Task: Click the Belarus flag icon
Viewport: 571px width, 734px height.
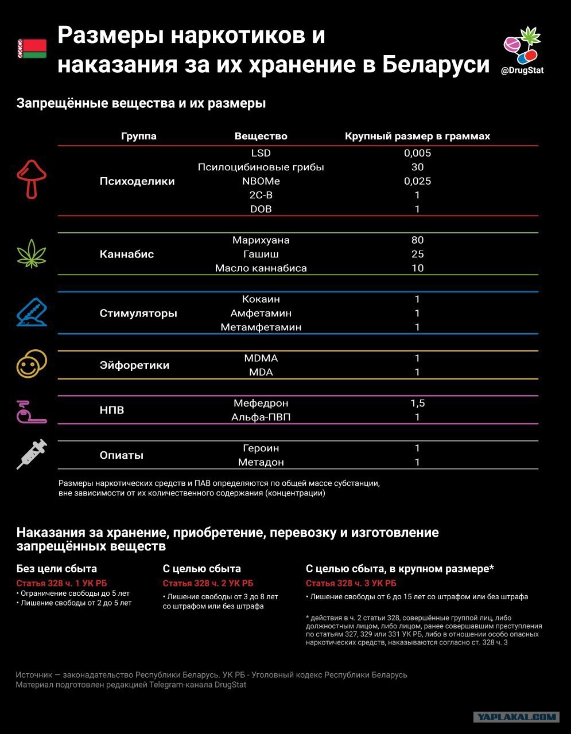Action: click(x=32, y=49)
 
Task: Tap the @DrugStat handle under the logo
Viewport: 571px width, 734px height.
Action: click(x=522, y=71)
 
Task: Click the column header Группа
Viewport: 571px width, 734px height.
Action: click(x=139, y=136)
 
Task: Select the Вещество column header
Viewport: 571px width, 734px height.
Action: click(x=261, y=136)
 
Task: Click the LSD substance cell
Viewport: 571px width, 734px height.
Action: click(x=261, y=153)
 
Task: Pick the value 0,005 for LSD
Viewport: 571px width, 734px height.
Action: click(x=418, y=153)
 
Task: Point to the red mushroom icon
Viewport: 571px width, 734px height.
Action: click(x=32, y=179)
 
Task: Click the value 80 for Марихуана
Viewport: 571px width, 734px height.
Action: click(x=418, y=240)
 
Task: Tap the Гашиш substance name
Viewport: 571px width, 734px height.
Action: click(x=261, y=254)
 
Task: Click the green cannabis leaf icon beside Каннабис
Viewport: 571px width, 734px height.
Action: click(x=32, y=253)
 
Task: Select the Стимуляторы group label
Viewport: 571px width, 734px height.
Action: click(x=138, y=313)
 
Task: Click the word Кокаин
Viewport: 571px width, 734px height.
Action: click(x=261, y=299)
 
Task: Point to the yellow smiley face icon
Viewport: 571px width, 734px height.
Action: click(x=32, y=364)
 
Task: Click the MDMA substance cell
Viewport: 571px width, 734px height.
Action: click(x=261, y=358)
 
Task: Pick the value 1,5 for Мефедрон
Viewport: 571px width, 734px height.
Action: click(x=418, y=403)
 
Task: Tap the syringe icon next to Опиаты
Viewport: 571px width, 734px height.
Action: click(x=32, y=454)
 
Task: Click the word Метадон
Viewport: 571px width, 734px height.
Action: click(x=261, y=462)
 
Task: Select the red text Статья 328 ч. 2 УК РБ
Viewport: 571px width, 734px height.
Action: click(x=208, y=583)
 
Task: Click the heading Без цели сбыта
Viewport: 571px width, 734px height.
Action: click(x=56, y=569)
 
